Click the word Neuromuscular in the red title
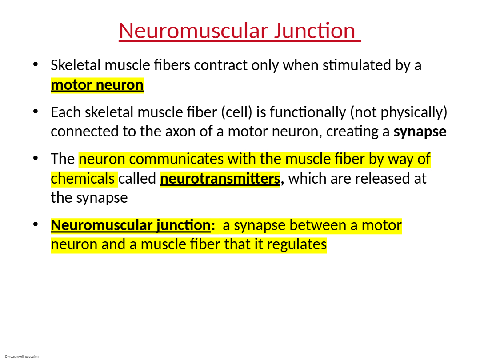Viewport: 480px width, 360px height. pos(193,31)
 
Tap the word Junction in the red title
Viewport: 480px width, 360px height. pos(314,31)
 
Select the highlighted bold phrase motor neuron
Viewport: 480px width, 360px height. pos(97,85)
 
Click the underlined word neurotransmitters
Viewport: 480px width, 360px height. pos(220,179)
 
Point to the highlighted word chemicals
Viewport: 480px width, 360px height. pos(83,179)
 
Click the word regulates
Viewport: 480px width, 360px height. pos(296,244)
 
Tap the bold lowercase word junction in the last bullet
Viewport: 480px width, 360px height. pos(183,225)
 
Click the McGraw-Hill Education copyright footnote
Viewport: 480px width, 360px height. pos(22,356)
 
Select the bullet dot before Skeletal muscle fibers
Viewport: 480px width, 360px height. pos(36,64)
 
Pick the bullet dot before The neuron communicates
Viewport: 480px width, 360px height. pos(36,158)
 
